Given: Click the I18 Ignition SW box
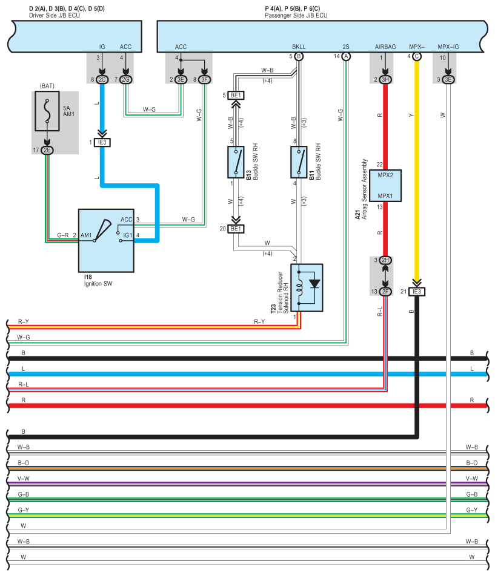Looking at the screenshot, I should click(x=106, y=240).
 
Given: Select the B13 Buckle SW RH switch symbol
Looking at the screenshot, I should click(x=236, y=162).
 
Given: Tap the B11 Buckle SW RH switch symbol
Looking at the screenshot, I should click(x=299, y=162).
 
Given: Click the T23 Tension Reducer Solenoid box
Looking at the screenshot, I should click(x=307, y=287).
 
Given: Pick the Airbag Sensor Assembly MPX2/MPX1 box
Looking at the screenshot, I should click(x=385, y=185).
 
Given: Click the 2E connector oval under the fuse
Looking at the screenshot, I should click(x=47, y=150).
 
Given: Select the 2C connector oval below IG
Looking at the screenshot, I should click(x=102, y=79).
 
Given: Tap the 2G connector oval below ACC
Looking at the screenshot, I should click(x=125, y=79).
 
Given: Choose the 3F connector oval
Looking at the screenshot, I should click(x=205, y=79).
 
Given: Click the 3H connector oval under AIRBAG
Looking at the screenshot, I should click(x=385, y=79).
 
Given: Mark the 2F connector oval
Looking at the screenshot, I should click(x=385, y=292).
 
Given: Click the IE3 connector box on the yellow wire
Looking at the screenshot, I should click(x=416, y=292).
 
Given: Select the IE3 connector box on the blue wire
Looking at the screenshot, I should click(x=102, y=142).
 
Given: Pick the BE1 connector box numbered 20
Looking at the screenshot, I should click(x=236, y=229).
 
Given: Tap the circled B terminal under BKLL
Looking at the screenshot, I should click(x=299, y=56).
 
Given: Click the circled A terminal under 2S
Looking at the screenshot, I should click(x=346, y=56).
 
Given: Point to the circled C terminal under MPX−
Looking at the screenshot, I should click(x=416, y=56).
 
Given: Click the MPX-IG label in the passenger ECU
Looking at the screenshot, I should click(x=448, y=46).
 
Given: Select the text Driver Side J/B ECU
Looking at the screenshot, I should click(x=46, y=15).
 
